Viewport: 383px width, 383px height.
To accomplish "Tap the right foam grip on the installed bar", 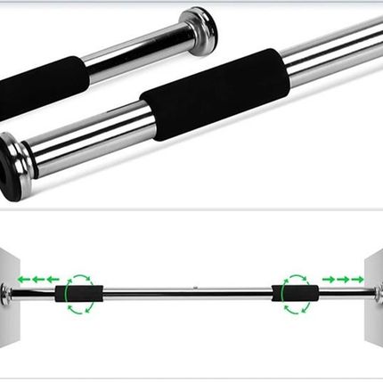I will point(294,292).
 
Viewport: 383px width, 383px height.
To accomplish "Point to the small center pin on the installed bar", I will point(192,288).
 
